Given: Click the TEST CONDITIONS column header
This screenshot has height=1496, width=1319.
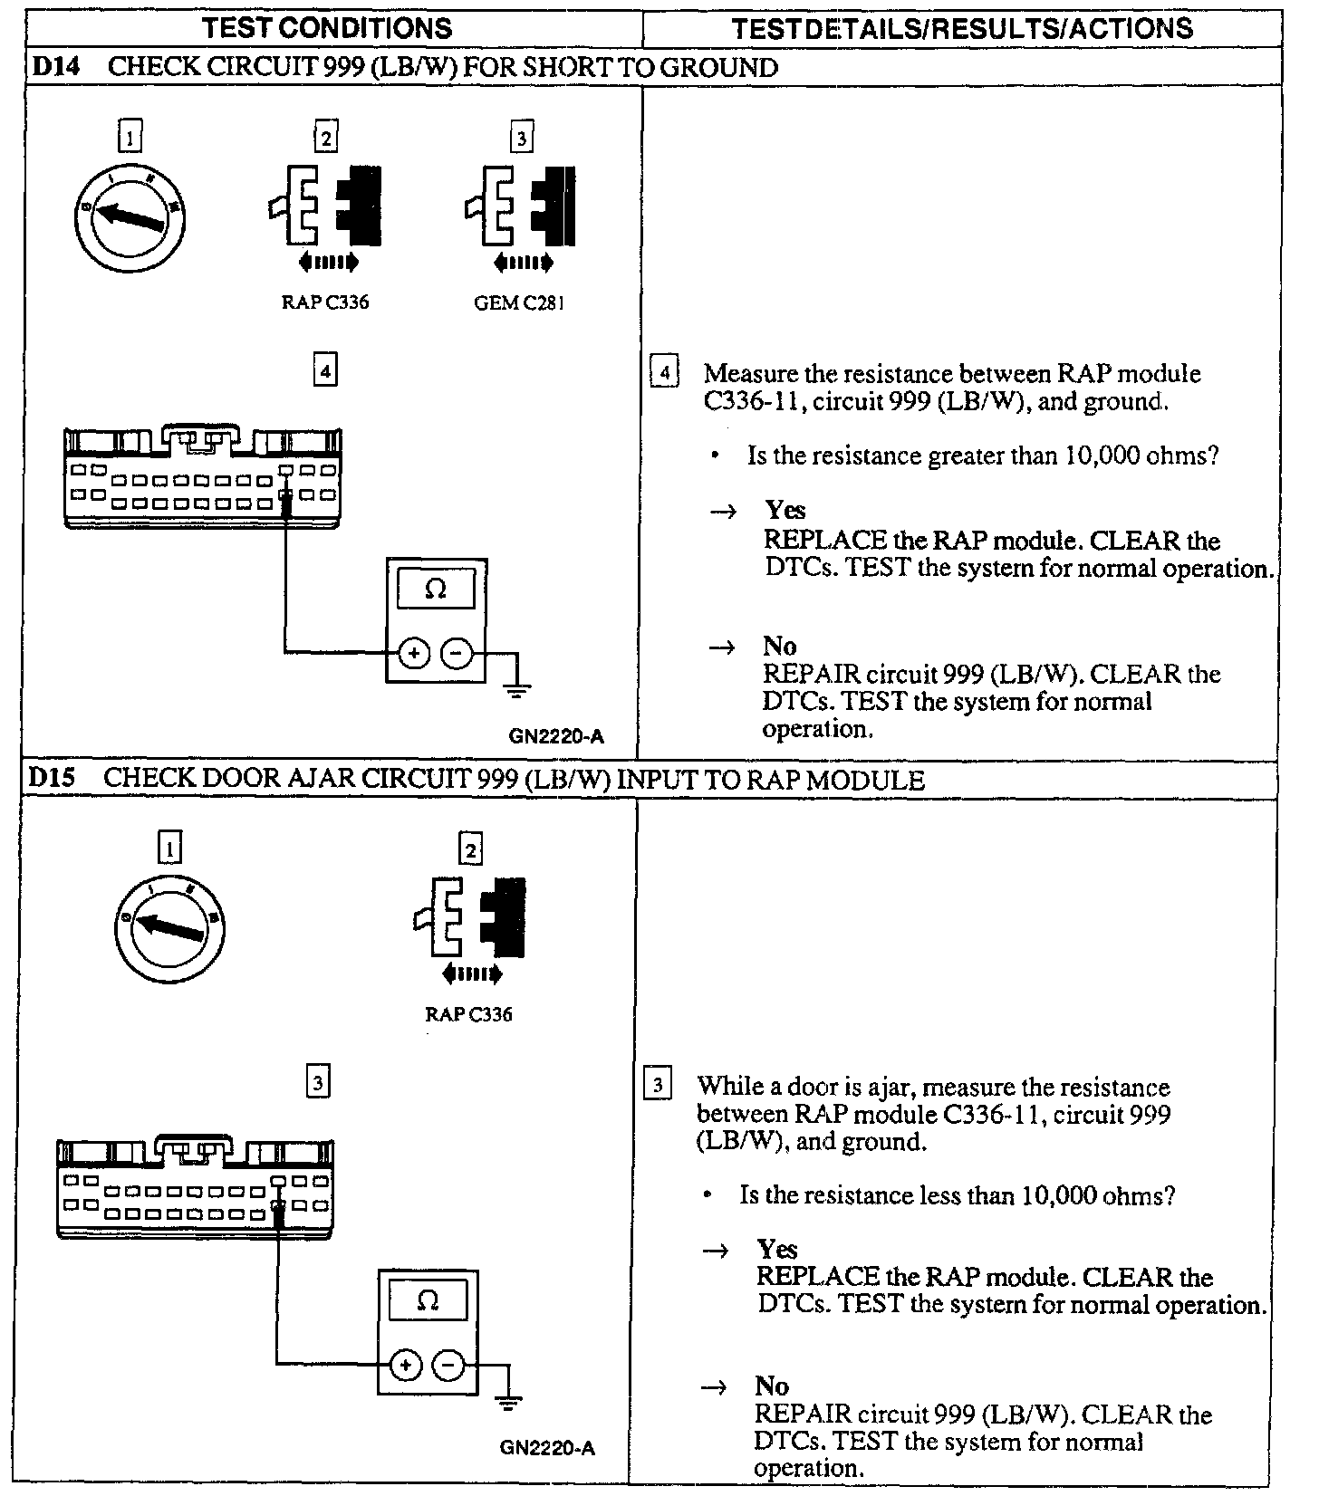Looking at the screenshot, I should [x=328, y=28].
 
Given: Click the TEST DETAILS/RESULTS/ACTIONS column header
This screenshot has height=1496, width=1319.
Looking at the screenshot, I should [x=962, y=28].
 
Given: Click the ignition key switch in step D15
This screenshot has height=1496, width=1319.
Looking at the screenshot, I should [x=171, y=927].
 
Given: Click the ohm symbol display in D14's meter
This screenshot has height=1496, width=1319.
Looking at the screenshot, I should [x=436, y=590].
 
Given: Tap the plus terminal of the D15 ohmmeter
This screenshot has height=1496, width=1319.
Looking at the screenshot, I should [x=406, y=1365].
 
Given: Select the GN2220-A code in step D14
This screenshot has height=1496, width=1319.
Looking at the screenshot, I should [x=557, y=736].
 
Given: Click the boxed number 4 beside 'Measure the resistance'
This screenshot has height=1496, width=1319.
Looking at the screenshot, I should [x=664, y=373].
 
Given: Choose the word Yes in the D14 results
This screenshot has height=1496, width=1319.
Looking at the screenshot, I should [x=785, y=511].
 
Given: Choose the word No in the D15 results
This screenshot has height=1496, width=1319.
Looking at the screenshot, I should [x=772, y=1386].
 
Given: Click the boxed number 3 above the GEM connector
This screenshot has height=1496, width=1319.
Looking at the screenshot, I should [x=520, y=139].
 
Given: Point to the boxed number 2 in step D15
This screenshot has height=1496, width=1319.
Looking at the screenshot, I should [x=470, y=850].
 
